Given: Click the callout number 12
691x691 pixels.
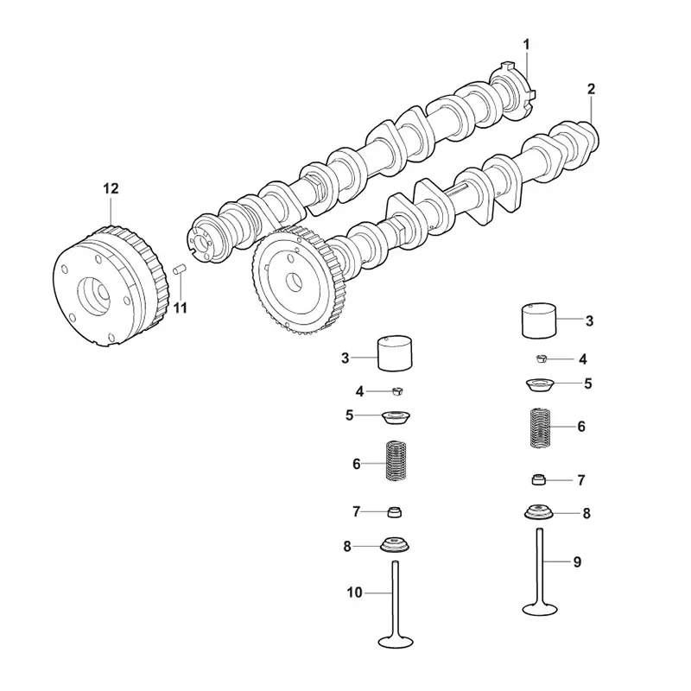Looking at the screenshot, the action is [x=111, y=188].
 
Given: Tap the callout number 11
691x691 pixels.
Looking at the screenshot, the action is [x=180, y=308].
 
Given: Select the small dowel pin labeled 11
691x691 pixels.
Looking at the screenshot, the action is [x=180, y=269].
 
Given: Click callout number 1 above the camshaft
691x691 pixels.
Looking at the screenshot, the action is [x=526, y=45].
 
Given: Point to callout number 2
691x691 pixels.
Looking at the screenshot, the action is [x=591, y=89].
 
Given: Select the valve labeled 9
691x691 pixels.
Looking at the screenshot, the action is [x=540, y=572].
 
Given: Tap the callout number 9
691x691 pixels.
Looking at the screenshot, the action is [x=577, y=562].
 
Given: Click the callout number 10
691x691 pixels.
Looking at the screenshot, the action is [x=354, y=593].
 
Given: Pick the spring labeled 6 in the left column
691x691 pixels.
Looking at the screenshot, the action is [x=396, y=461].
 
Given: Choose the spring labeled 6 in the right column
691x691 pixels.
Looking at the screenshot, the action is [x=541, y=428].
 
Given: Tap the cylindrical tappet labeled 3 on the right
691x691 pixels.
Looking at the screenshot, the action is [x=539, y=320].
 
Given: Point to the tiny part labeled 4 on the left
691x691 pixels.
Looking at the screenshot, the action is [x=397, y=391].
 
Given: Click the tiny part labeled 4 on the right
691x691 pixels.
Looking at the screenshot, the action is [x=542, y=358].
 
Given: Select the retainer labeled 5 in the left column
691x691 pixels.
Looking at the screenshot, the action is [x=396, y=417].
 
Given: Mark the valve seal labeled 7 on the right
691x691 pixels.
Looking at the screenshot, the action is [x=539, y=479].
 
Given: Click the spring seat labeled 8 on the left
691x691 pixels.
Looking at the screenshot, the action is [x=395, y=544].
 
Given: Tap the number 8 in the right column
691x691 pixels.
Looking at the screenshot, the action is [x=586, y=513].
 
